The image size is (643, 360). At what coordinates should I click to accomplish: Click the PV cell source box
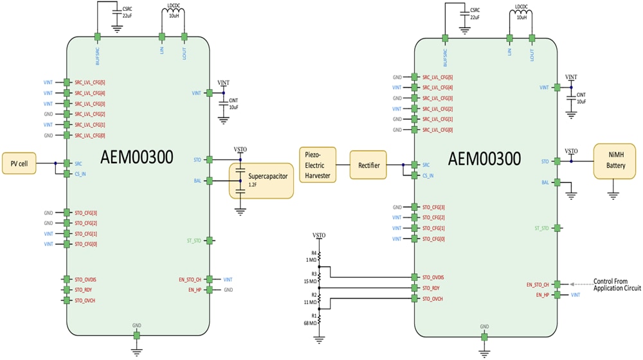19,163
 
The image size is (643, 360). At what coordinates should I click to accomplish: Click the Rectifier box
369,165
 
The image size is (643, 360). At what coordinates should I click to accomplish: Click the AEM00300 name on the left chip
137,157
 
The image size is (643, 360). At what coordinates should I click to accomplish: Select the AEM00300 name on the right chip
484,158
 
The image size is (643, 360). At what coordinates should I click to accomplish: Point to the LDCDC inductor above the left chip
174,14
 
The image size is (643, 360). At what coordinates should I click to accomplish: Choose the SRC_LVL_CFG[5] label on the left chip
90,82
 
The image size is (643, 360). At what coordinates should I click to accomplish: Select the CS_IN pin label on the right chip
428,175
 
